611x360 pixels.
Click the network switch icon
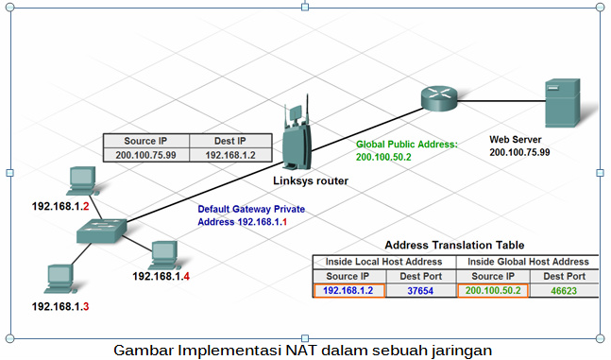click(x=100, y=230)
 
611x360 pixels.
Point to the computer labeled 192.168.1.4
click(x=163, y=253)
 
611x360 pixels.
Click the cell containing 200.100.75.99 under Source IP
click(x=146, y=153)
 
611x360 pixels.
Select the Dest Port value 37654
click(x=420, y=291)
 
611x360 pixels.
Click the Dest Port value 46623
click(x=563, y=291)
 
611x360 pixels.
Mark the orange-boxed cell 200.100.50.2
click(x=493, y=291)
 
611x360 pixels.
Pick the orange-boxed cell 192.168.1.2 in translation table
click(x=348, y=291)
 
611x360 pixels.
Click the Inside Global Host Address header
click(x=528, y=262)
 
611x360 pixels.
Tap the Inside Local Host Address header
click(x=384, y=262)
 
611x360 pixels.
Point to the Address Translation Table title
click(x=455, y=243)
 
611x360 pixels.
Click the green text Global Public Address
click(x=406, y=145)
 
